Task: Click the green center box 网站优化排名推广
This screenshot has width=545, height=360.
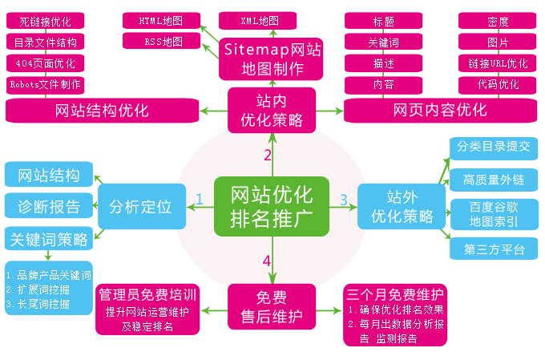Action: click(x=272, y=206)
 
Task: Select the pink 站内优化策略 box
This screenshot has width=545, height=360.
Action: click(x=272, y=111)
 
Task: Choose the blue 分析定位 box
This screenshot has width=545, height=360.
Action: click(x=141, y=206)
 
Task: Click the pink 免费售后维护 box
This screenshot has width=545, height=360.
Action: click(x=272, y=306)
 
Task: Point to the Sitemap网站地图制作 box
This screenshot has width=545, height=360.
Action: click(x=272, y=60)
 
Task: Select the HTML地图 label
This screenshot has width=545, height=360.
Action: click(x=162, y=19)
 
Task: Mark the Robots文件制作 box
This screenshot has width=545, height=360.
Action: click(x=45, y=84)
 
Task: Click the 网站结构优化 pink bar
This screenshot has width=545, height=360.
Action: click(x=102, y=111)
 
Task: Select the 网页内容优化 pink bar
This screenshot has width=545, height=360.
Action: click(x=440, y=111)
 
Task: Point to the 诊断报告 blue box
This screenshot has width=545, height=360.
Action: click(x=49, y=207)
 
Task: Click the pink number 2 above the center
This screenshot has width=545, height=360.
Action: click(x=268, y=155)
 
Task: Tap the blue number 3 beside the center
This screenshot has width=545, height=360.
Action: click(x=343, y=199)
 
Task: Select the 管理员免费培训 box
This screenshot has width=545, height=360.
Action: click(x=147, y=306)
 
